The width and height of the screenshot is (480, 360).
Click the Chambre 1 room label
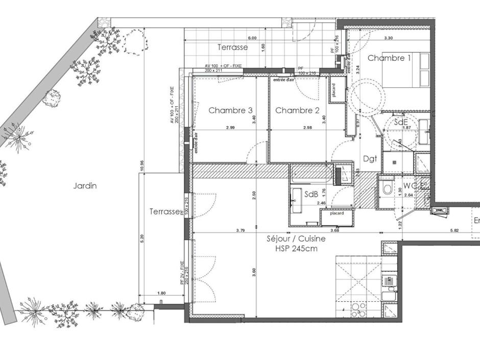click(x=389, y=58)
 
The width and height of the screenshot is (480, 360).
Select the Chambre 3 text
click(x=230, y=110)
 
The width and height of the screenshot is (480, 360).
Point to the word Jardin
click(x=85, y=186)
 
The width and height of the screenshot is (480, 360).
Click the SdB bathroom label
click(x=311, y=195)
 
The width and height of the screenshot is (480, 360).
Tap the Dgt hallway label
click(x=370, y=158)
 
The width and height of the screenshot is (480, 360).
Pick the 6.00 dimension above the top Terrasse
click(x=252, y=38)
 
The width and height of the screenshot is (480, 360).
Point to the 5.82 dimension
click(x=454, y=230)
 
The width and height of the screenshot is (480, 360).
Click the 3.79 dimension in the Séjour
click(x=241, y=230)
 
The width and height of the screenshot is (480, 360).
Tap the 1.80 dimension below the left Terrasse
click(x=161, y=293)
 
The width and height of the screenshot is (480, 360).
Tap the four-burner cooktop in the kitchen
click(x=358, y=308)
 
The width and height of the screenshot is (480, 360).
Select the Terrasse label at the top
click(x=232, y=47)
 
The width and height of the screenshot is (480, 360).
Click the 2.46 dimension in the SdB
click(x=321, y=203)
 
